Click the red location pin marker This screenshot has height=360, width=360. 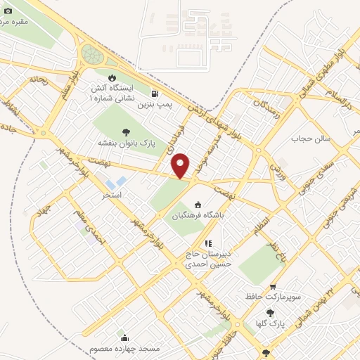click(x=181, y=165)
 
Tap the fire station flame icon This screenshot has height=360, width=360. click(x=110, y=77)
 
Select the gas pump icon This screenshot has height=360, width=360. click(x=155, y=93)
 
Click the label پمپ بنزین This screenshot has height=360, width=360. click(x=155, y=104)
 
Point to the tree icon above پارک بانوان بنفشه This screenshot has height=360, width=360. click(x=127, y=131)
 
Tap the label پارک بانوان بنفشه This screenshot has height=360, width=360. click(x=127, y=143)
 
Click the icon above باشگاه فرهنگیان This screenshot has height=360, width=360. click(x=198, y=205)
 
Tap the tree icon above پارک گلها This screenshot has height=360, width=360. click(x=270, y=314)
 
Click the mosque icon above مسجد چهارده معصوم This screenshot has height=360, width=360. click(x=125, y=338)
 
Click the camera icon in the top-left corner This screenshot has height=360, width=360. click(x=8, y=11)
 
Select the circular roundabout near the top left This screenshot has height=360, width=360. click(x=91, y=53)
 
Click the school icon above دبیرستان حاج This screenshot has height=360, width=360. click(x=207, y=243)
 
